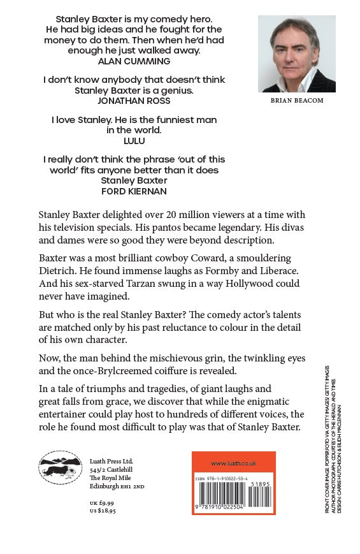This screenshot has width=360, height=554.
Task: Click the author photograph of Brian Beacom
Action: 296,54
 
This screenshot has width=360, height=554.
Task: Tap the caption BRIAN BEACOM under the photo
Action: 296,101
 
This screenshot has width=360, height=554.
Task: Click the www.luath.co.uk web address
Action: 233,463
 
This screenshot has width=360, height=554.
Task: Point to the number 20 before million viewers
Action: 168,214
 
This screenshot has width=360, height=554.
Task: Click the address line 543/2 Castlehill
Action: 113,470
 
